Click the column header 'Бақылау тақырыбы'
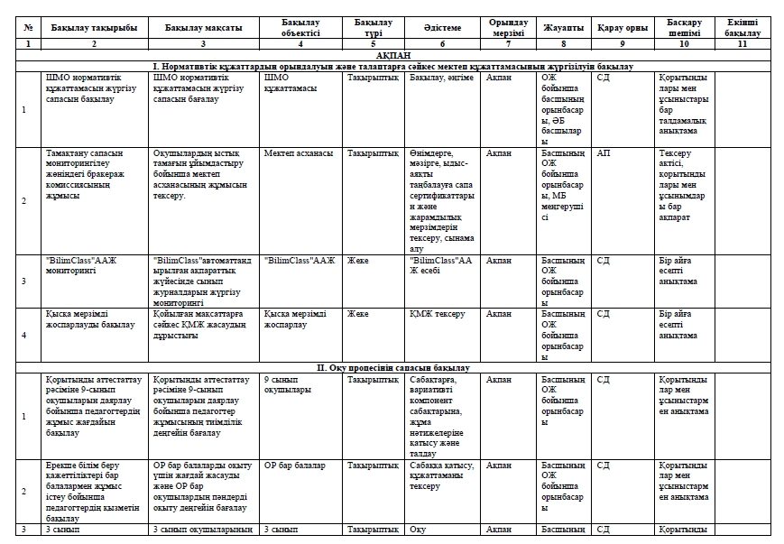pos(94,28)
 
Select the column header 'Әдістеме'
pos(442,28)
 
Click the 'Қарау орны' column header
pos(622,28)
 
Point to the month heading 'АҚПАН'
pos(392,55)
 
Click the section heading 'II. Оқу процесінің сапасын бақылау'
pos(392,368)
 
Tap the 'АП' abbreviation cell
pos(604,153)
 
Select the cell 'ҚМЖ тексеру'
pos(437,314)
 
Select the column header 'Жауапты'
pos(564,28)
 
